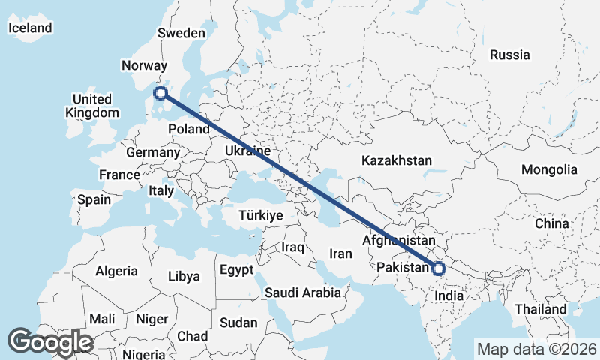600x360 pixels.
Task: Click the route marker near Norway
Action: (x=160, y=93)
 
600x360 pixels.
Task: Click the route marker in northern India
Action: (x=439, y=268)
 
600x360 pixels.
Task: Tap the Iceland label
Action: (x=30, y=28)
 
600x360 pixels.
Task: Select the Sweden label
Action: (x=181, y=33)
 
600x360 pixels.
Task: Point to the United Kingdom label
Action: (x=92, y=106)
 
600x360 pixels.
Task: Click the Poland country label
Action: (x=188, y=129)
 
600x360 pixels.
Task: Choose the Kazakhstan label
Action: (x=397, y=160)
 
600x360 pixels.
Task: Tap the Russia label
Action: (x=509, y=55)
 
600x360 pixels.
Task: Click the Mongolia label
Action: (x=549, y=170)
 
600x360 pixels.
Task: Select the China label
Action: (x=552, y=223)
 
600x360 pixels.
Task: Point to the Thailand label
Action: (x=540, y=309)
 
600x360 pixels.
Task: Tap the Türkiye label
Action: (x=260, y=215)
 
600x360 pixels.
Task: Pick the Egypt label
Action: (x=237, y=269)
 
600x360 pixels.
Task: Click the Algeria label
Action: (x=116, y=271)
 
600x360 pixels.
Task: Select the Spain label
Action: (x=94, y=200)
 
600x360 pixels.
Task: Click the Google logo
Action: (x=50, y=342)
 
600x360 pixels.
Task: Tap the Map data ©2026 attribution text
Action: (x=537, y=349)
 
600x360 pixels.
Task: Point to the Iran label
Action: (x=340, y=253)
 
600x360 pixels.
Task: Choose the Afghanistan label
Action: (x=398, y=240)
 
